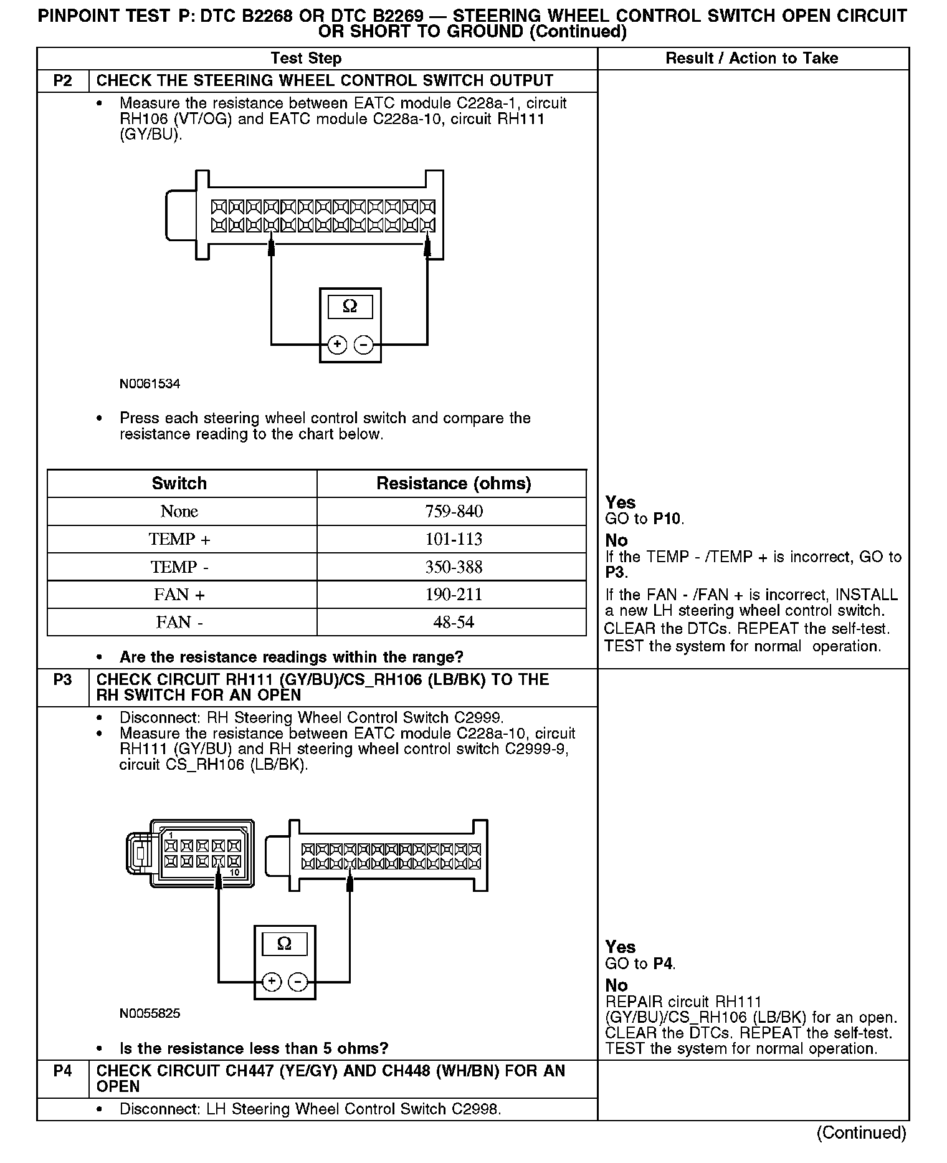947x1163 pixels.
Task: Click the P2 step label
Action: [x=63, y=81]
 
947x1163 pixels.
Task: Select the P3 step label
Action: [x=63, y=680]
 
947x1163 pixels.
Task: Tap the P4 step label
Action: [x=63, y=1071]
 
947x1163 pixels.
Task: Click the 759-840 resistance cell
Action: [x=454, y=512]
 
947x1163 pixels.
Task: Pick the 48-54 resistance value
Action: [x=454, y=622]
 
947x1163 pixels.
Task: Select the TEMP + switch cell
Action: [x=179, y=539]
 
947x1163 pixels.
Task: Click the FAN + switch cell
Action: [x=179, y=595]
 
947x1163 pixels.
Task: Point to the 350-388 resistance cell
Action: [x=454, y=567]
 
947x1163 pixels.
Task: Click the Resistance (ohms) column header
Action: [x=454, y=484]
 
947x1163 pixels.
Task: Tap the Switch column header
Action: [x=179, y=484]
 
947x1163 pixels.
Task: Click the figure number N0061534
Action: [x=150, y=384]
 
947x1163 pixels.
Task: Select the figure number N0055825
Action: [x=150, y=1013]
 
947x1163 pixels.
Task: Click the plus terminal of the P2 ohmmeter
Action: [x=337, y=344]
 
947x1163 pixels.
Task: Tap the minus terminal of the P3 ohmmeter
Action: [x=298, y=982]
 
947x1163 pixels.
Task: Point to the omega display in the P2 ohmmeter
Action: [x=350, y=307]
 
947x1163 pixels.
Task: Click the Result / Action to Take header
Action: [x=752, y=59]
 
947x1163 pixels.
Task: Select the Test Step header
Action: [x=306, y=59]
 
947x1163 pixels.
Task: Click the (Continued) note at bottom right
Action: [x=862, y=1132]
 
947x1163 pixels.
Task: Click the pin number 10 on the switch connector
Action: [x=234, y=873]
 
